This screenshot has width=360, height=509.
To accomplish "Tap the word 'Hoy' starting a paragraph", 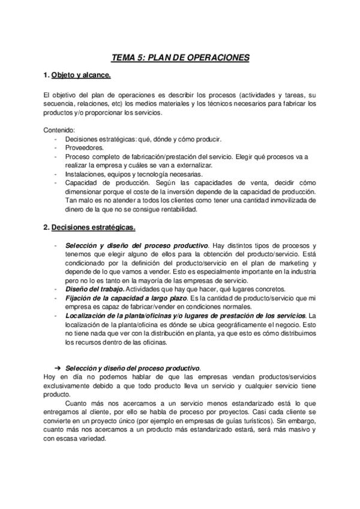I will tap(50, 376).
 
